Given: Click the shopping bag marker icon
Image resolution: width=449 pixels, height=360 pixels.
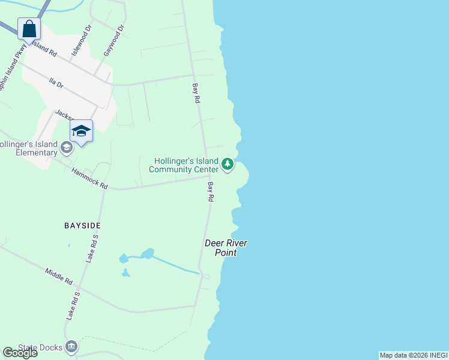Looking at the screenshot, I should click(x=29, y=28).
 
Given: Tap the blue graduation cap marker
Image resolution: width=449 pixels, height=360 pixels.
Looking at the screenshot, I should click(x=81, y=131).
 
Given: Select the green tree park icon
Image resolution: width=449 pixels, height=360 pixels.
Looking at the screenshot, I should click(x=227, y=164).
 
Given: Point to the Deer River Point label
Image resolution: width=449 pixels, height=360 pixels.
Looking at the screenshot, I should click(x=226, y=248).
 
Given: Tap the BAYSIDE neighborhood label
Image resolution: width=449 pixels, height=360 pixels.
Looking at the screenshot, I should click(x=82, y=226).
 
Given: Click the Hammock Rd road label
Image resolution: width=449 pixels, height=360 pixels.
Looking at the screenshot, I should click(x=89, y=179).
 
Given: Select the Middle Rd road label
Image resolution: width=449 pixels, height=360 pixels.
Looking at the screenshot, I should click(x=59, y=276).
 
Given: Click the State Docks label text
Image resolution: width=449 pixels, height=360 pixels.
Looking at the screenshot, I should click(x=41, y=347).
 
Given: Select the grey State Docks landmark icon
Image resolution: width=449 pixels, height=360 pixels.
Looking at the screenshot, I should click(x=72, y=346).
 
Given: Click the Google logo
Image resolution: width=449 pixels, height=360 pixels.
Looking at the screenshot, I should click(x=19, y=353).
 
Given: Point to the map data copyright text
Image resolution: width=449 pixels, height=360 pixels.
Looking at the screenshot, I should click(x=413, y=355).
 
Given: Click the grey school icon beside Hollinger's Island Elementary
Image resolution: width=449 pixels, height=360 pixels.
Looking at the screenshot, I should click(x=67, y=146).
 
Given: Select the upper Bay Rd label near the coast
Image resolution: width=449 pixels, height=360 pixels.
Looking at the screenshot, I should click(x=196, y=94).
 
